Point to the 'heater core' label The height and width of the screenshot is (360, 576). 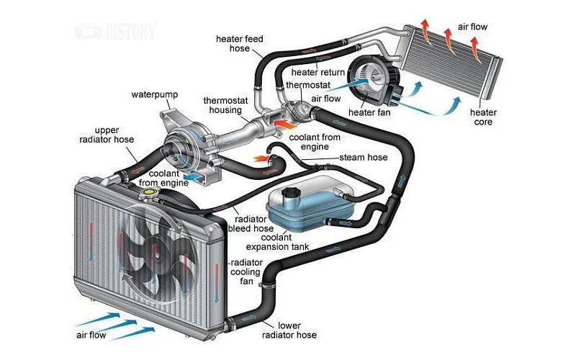483,118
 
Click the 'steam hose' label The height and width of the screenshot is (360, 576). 363,157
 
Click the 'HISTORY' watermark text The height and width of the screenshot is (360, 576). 129,32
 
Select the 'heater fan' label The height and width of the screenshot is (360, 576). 368,113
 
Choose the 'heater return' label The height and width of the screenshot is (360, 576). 319,73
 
